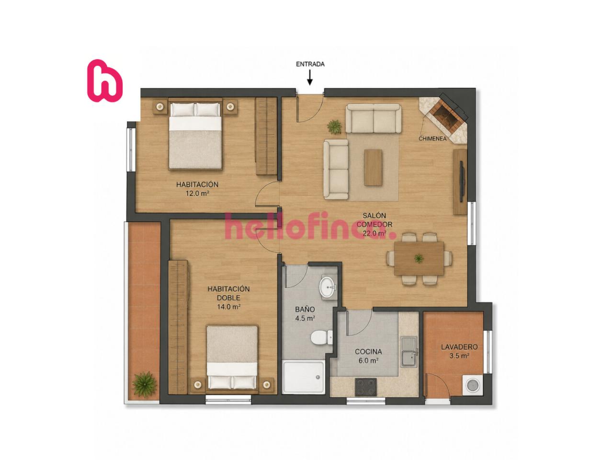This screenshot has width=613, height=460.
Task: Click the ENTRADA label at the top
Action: pos(310,64)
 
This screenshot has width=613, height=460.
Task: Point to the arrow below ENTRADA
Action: pos(309,77)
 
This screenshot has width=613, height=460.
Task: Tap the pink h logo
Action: pos(105,80)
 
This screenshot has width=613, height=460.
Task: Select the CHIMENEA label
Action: pos(432,138)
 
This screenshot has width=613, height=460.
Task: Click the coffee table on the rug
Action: pos(373,167)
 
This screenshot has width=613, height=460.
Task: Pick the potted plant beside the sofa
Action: pos(334,126)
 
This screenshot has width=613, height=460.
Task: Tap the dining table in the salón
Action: pos(419,259)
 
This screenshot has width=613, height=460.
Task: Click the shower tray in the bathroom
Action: pos(303,377)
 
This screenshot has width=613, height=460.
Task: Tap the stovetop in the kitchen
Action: pos(365,387)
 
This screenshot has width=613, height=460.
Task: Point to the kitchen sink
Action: pos(409,351)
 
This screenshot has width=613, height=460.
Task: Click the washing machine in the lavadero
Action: pos(473,385)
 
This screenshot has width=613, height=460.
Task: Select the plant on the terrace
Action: pos(144,385)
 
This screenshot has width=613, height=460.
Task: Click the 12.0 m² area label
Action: pos(197,193)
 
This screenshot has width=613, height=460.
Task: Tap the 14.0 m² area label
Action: pos(229,307)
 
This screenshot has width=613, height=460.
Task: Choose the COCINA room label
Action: pos(368,352)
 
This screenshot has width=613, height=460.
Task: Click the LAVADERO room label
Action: pos(459,347)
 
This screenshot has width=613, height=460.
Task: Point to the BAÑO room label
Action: pos(305,309)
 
